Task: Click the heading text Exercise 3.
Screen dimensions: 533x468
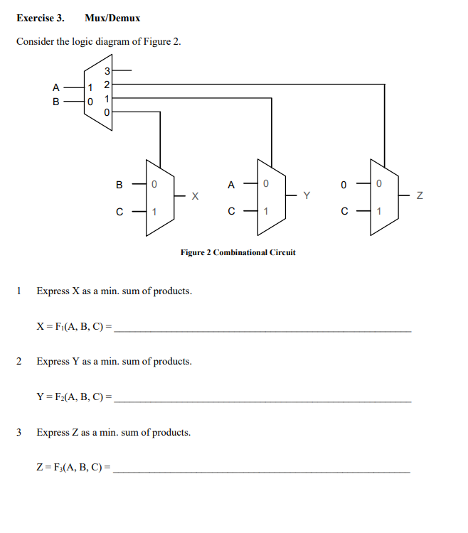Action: pyautogui.click(x=40, y=18)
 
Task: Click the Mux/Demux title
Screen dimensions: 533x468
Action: pyautogui.click(x=112, y=18)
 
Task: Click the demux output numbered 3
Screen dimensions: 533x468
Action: pyautogui.click(x=107, y=71)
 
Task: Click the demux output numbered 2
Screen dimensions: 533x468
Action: pyautogui.click(x=107, y=85)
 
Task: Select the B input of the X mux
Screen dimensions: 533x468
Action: pyautogui.click(x=119, y=185)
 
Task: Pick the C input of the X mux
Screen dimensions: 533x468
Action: pyautogui.click(x=119, y=212)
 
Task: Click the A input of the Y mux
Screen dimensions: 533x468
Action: pyautogui.click(x=231, y=185)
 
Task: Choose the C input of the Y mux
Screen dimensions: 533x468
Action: pyautogui.click(x=231, y=212)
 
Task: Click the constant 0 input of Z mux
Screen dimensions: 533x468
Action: pyautogui.click(x=344, y=185)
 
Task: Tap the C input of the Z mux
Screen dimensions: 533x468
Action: pyautogui.click(x=344, y=212)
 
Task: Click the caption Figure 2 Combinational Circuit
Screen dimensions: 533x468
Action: pyautogui.click(x=238, y=252)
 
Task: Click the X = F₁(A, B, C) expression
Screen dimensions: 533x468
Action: pyautogui.click(x=74, y=327)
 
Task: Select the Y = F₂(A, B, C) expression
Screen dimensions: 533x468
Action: pyautogui.click(x=74, y=397)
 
